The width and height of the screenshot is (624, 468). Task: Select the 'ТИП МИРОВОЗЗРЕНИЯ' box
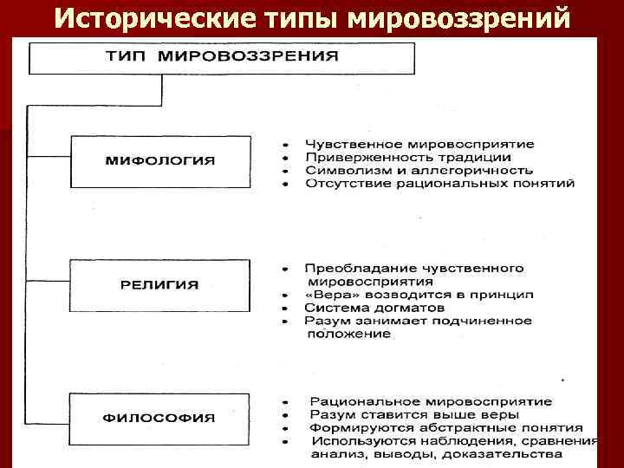tap(223, 57)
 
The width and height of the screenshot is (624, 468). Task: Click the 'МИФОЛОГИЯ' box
tap(160, 161)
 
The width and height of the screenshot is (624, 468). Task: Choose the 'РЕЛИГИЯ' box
tap(160, 284)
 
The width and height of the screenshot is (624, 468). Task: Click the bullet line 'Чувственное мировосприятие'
tap(419, 144)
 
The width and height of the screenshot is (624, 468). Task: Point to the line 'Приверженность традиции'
tap(407, 158)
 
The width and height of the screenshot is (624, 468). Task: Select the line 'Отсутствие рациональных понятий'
tap(439, 184)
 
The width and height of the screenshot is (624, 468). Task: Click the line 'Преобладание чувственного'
tap(414, 269)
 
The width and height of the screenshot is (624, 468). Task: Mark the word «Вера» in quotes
tap(328, 295)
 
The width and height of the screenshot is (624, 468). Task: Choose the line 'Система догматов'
tap(374, 308)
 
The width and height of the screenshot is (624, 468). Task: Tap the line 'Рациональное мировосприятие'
tap(430, 402)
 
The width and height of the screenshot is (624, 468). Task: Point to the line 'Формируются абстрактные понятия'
tap(445, 428)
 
